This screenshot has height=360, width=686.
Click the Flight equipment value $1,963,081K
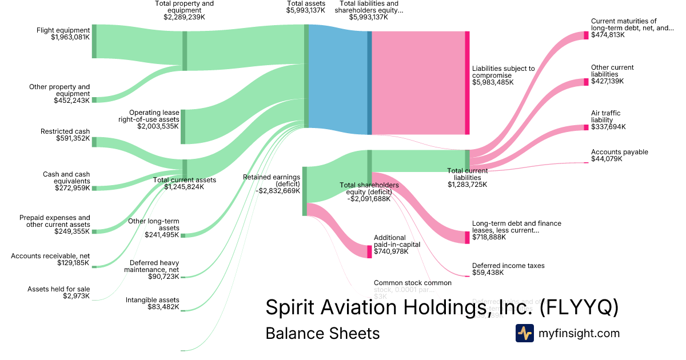tap(70, 38)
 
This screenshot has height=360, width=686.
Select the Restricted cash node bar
tap(94, 142)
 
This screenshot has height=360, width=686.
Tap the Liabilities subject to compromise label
tap(503, 72)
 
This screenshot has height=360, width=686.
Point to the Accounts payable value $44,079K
tap(607, 159)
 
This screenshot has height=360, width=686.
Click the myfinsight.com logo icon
tap(524, 333)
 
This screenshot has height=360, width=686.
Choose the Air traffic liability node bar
tap(586, 127)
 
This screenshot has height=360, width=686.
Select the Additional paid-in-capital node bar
tap(369, 251)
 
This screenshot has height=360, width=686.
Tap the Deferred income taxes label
tap(508, 266)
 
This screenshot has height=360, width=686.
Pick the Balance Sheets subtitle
tap(322, 333)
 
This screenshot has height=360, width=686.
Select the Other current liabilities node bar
tap(586, 82)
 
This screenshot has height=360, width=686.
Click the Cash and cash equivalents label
tap(66, 178)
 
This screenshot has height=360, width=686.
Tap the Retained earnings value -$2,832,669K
tap(279, 191)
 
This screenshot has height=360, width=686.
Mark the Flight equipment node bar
tap(94, 41)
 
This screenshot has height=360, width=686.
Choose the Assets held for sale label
tap(59, 289)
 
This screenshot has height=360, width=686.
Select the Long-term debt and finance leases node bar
tap(467, 237)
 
